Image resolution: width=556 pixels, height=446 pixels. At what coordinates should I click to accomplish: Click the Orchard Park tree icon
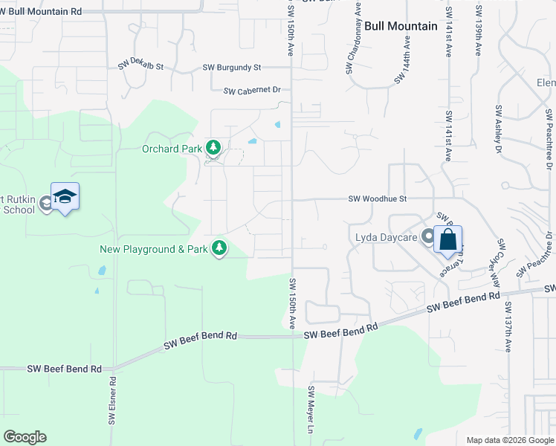tap(214, 149)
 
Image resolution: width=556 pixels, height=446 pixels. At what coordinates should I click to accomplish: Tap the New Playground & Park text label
tap(154, 249)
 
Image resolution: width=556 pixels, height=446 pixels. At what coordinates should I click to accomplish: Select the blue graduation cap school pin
tap(65, 196)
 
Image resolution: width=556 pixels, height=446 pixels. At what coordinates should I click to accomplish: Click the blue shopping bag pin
tap(447, 239)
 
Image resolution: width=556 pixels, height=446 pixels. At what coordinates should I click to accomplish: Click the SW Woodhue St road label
tap(378, 198)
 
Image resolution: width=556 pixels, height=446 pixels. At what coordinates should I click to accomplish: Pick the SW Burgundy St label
tap(232, 67)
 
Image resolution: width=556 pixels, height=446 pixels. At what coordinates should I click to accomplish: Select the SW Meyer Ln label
tap(312, 410)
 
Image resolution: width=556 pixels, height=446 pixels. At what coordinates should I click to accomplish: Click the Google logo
tap(25, 437)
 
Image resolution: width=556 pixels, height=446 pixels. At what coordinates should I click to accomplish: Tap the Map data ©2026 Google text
tap(509, 440)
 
